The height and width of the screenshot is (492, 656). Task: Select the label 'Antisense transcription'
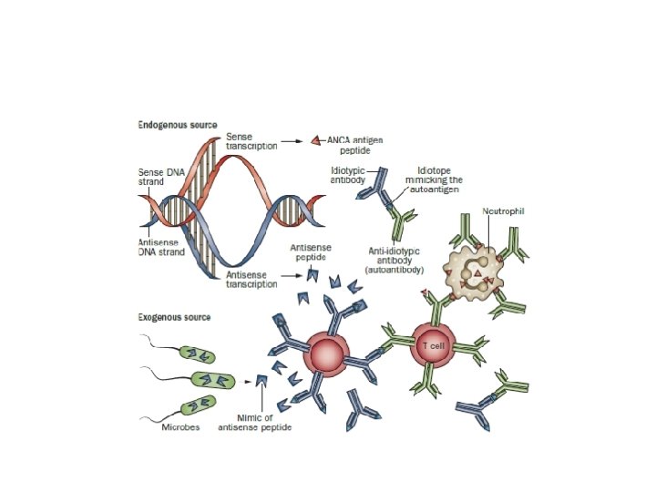click(x=251, y=279)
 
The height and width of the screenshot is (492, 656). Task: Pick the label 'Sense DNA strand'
click(x=158, y=177)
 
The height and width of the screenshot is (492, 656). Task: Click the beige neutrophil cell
click(x=474, y=270)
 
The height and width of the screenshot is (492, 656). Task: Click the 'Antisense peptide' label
click(x=310, y=252)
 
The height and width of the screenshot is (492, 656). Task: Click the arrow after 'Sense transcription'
click(x=292, y=141)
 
